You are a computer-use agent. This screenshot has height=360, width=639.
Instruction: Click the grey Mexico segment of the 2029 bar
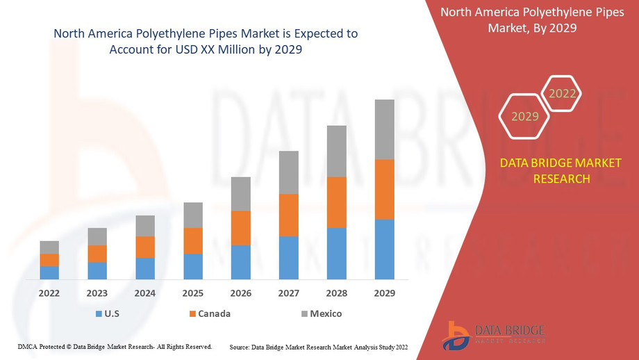384,129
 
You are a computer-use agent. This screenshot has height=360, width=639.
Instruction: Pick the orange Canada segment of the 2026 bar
240,228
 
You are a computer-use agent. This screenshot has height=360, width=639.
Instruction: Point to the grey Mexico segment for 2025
192,215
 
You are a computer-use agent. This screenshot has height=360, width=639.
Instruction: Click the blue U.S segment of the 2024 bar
144,268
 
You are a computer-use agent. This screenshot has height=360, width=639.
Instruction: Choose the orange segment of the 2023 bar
97,254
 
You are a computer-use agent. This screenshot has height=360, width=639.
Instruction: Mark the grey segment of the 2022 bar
49,247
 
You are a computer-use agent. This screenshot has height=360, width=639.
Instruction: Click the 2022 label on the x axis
49,293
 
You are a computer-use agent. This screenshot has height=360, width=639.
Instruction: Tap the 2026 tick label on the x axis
240,293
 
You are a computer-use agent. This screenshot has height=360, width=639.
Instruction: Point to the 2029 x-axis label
384,293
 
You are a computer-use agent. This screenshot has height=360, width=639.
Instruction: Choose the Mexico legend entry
320,313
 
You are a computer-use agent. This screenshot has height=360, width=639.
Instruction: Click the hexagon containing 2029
525,116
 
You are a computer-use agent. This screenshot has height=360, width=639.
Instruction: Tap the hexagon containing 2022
561,94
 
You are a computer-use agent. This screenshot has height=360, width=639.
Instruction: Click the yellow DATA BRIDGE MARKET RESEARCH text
561,171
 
